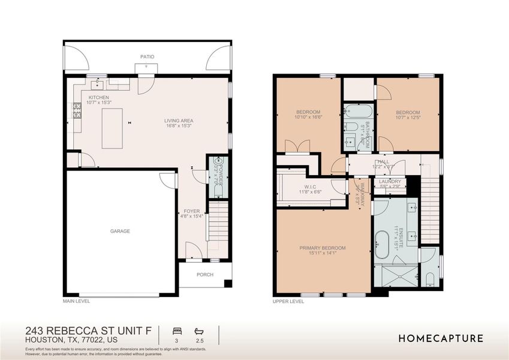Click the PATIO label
[x=147, y=57]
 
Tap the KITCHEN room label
[x=99, y=97]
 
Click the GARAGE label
[x=120, y=231]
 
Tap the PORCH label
[x=205, y=275]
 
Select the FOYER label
[x=192, y=211]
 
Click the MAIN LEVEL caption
[x=76, y=301]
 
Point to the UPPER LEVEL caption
[x=288, y=302]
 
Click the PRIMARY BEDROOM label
[x=323, y=248]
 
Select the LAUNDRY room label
[x=390, y=181]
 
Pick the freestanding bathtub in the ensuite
[x=382, y=245]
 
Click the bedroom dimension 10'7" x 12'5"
[x=408, y=118]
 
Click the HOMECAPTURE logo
[x=441, y=338]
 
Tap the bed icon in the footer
[x=177, y=331]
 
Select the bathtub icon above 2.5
[x=199, y=331]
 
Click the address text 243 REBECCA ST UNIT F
[x=88, y=331]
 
